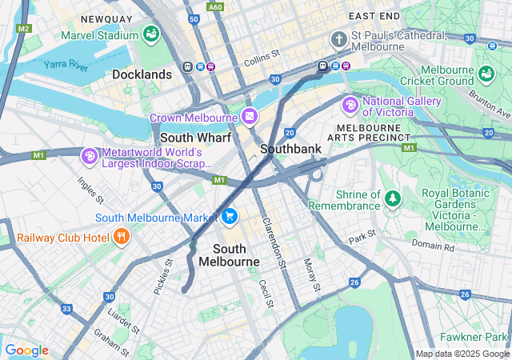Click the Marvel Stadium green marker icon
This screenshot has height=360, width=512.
(150, 34)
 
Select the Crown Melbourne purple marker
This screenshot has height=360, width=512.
(250, 118)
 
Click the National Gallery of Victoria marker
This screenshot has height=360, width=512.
(350, 105)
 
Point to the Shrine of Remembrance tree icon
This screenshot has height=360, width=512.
(392, 198)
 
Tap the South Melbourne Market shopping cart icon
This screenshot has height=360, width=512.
(230, 216)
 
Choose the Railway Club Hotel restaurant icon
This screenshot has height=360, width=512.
(122, 236)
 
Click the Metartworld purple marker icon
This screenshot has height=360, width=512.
(90, 154)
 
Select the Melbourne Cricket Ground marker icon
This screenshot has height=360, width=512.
(486, 74)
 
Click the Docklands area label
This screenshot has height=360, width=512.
(142, 74)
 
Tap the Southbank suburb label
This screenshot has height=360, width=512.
(290, 149)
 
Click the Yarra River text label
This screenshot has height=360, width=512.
(66, 64)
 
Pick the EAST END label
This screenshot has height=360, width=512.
(374, 15)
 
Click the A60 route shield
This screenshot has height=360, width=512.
(215, 6)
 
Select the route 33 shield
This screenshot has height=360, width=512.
(67, 309)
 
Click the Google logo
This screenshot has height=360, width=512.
(26, 350)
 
